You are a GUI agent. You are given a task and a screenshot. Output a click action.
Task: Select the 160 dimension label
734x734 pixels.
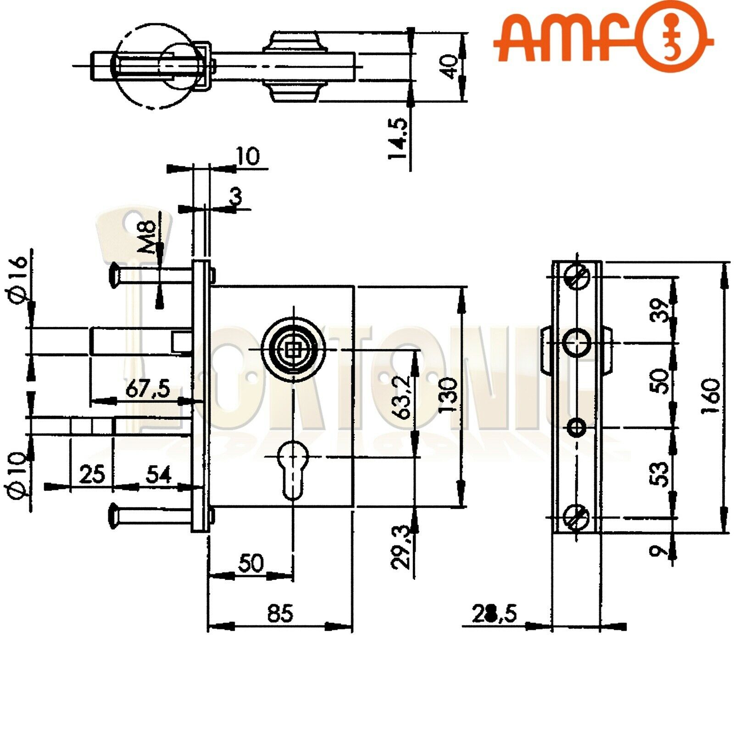coord(711,395)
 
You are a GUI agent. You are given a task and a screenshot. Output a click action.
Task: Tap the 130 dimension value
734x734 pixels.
coord(448,395)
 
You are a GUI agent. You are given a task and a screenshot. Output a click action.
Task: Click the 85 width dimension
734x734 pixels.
coord(280,613)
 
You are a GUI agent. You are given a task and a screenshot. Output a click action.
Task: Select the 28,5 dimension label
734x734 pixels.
coord(494,613)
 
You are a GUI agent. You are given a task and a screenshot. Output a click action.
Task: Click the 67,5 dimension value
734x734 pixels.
coord(148,389)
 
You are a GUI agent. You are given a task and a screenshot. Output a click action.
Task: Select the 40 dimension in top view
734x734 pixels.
coord(450,67)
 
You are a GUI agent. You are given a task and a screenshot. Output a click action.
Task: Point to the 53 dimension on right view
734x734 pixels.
coord(659,473)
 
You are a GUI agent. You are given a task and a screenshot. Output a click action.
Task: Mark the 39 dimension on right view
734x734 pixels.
coord(659,310)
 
